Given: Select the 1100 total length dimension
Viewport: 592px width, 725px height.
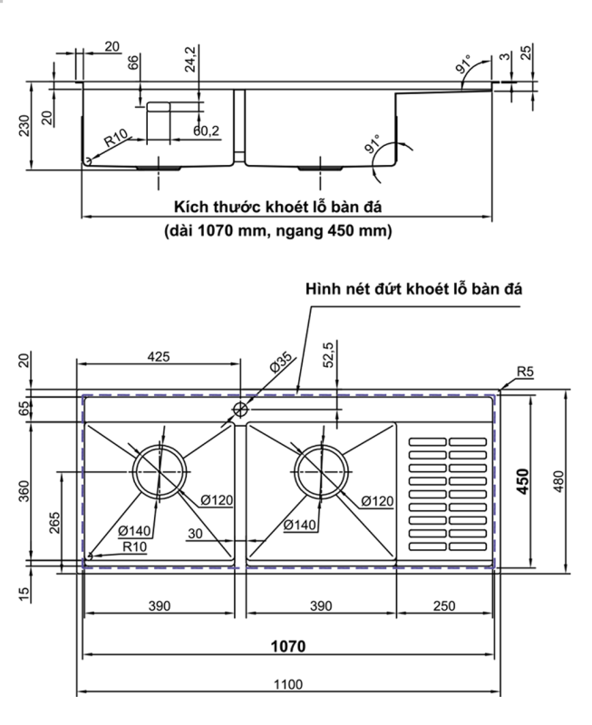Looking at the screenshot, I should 287,685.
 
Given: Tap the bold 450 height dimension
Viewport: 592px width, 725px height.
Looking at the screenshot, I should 523,479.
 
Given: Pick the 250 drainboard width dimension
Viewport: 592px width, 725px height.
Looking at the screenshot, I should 445,605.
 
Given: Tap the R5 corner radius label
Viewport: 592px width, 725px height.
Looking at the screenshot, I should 524,372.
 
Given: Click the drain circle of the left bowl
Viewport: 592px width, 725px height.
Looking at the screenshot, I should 161,471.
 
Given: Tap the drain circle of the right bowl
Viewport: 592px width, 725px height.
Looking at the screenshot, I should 322,471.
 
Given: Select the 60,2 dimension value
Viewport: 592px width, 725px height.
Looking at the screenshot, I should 206,131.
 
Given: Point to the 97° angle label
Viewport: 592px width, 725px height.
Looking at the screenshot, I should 463,66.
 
